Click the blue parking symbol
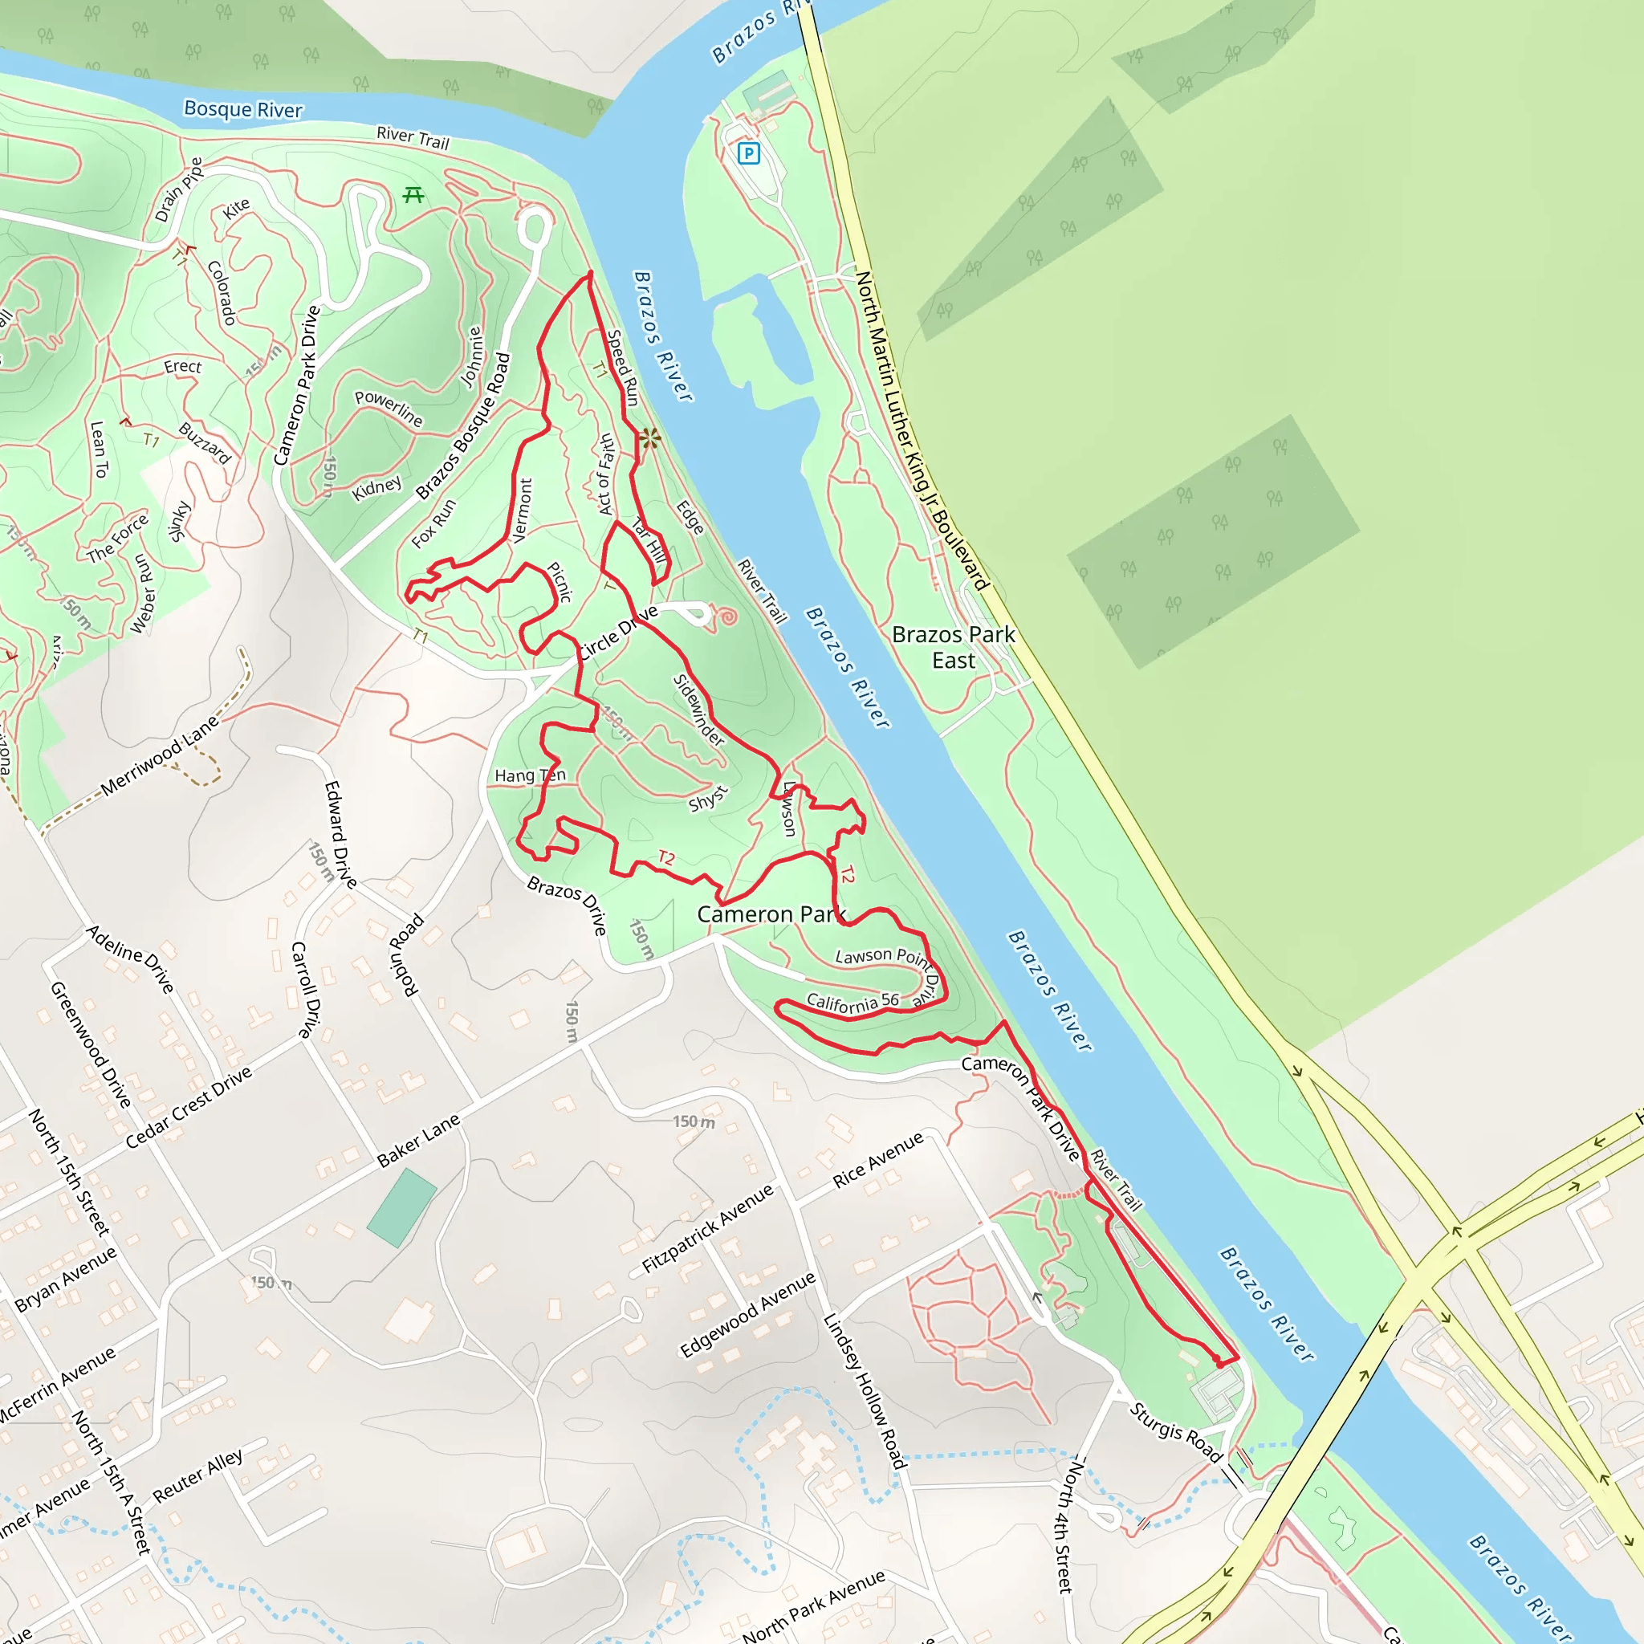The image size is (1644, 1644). click(748, 153)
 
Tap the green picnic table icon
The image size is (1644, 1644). click(413, 195)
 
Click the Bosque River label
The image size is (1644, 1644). click(243, 110)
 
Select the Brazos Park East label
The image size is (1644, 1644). click(953, 647)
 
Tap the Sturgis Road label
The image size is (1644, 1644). click(1176, 1433)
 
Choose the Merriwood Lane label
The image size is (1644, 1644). click(160, 755)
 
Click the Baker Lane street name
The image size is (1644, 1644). click(419, 1140)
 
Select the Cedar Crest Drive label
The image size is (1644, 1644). click(189, 1106)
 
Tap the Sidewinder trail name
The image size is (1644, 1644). click(698, 710)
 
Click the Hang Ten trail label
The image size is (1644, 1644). click(530, 775)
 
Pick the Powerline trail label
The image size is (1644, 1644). click(389, 408)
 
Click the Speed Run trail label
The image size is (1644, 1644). click(623, 368)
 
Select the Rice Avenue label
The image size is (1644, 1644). click(877, 1159)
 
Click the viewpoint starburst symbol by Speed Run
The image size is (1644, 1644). click(650, 438)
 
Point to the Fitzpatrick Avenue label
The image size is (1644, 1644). click(707, 1228)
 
